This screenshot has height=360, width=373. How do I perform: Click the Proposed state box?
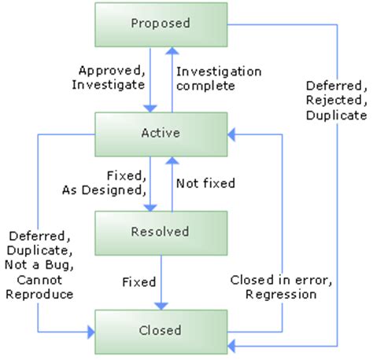[160, 24]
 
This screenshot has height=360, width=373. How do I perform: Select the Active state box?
[160, 133]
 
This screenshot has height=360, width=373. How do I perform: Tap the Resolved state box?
[160, 232]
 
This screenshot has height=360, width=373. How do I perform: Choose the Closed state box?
[160, 330]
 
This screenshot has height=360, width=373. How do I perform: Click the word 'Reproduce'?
[39, 294]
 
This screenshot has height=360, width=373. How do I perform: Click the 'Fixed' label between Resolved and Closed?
[139, 281]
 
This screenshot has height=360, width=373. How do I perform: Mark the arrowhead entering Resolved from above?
[147, 208]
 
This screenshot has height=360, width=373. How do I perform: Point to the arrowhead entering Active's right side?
[231, 134]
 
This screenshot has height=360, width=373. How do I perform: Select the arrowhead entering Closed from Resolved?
[160, 306]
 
